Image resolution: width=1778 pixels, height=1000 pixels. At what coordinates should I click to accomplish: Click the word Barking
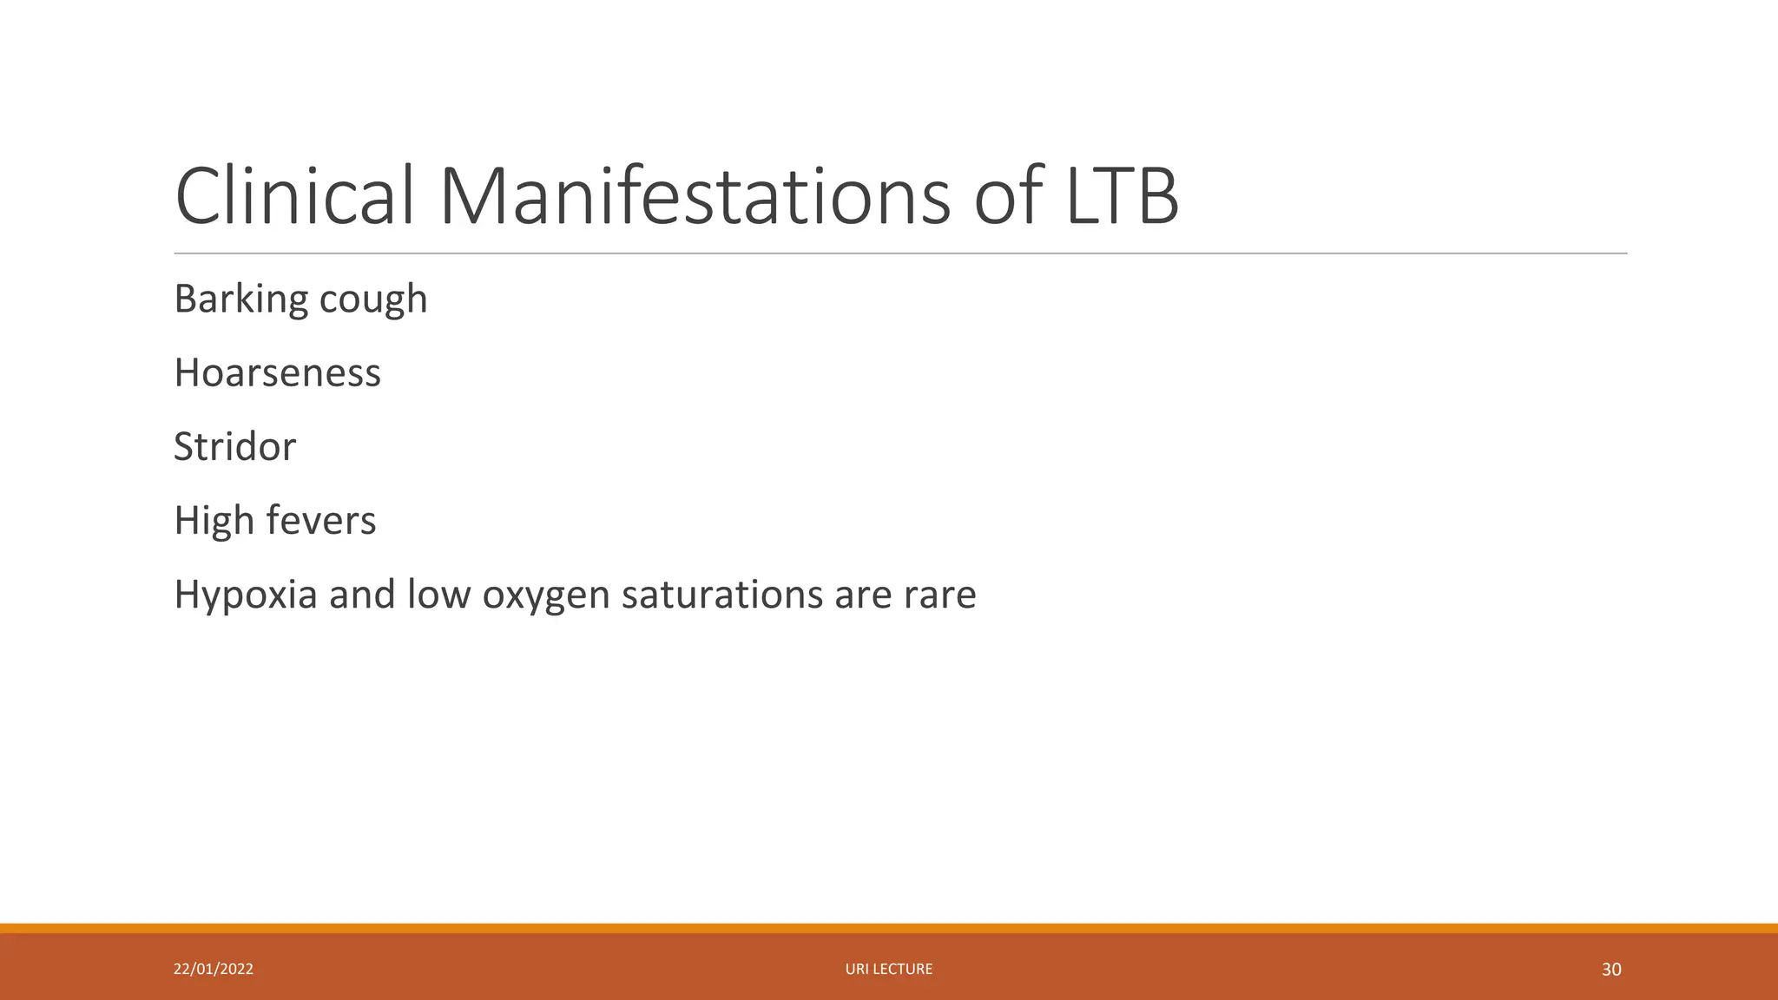point(240,299)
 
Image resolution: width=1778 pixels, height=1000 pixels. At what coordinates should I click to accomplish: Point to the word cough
point(373,299)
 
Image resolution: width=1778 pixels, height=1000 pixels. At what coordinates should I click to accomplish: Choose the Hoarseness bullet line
point(277,372)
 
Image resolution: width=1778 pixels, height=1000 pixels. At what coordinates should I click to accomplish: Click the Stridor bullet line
point(234,446)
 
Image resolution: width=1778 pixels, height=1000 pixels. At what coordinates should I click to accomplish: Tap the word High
point(214,521)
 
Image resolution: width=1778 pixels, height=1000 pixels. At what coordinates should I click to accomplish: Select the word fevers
point(321,521)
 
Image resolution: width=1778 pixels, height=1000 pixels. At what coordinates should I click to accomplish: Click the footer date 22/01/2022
point(214,969)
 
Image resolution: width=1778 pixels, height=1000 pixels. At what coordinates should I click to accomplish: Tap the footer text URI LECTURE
point(889,969)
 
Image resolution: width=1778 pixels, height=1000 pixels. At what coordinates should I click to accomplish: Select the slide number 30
point(1611,970)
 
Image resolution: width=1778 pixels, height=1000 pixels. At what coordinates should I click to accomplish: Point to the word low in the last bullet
point(438,595)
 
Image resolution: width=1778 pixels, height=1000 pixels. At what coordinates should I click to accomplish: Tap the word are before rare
point(863,596)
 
